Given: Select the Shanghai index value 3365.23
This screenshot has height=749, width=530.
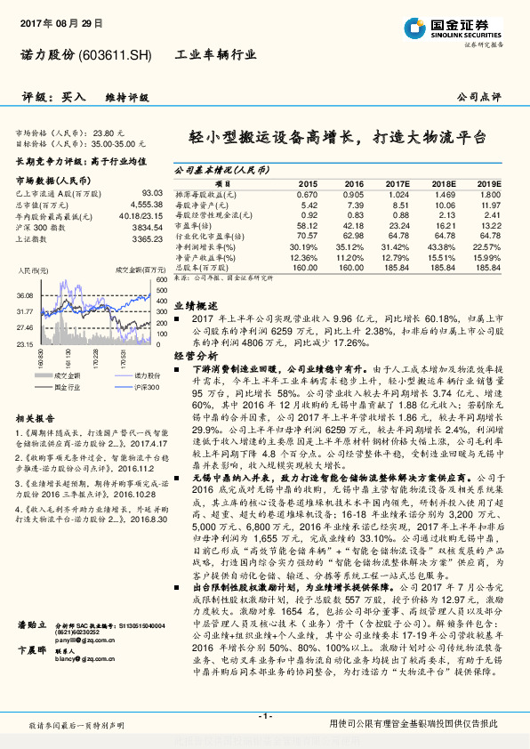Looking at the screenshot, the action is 146,238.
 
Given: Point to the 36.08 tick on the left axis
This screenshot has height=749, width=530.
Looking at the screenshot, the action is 23,294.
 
